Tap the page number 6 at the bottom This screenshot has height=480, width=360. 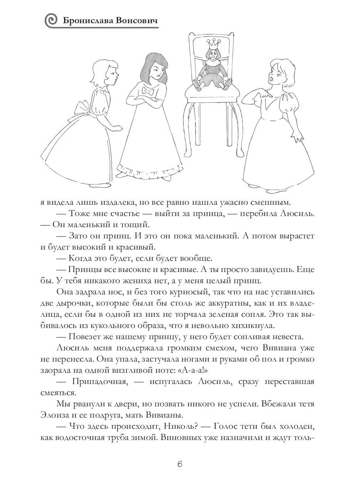[180, 464]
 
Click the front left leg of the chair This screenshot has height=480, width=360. [190, 132]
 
